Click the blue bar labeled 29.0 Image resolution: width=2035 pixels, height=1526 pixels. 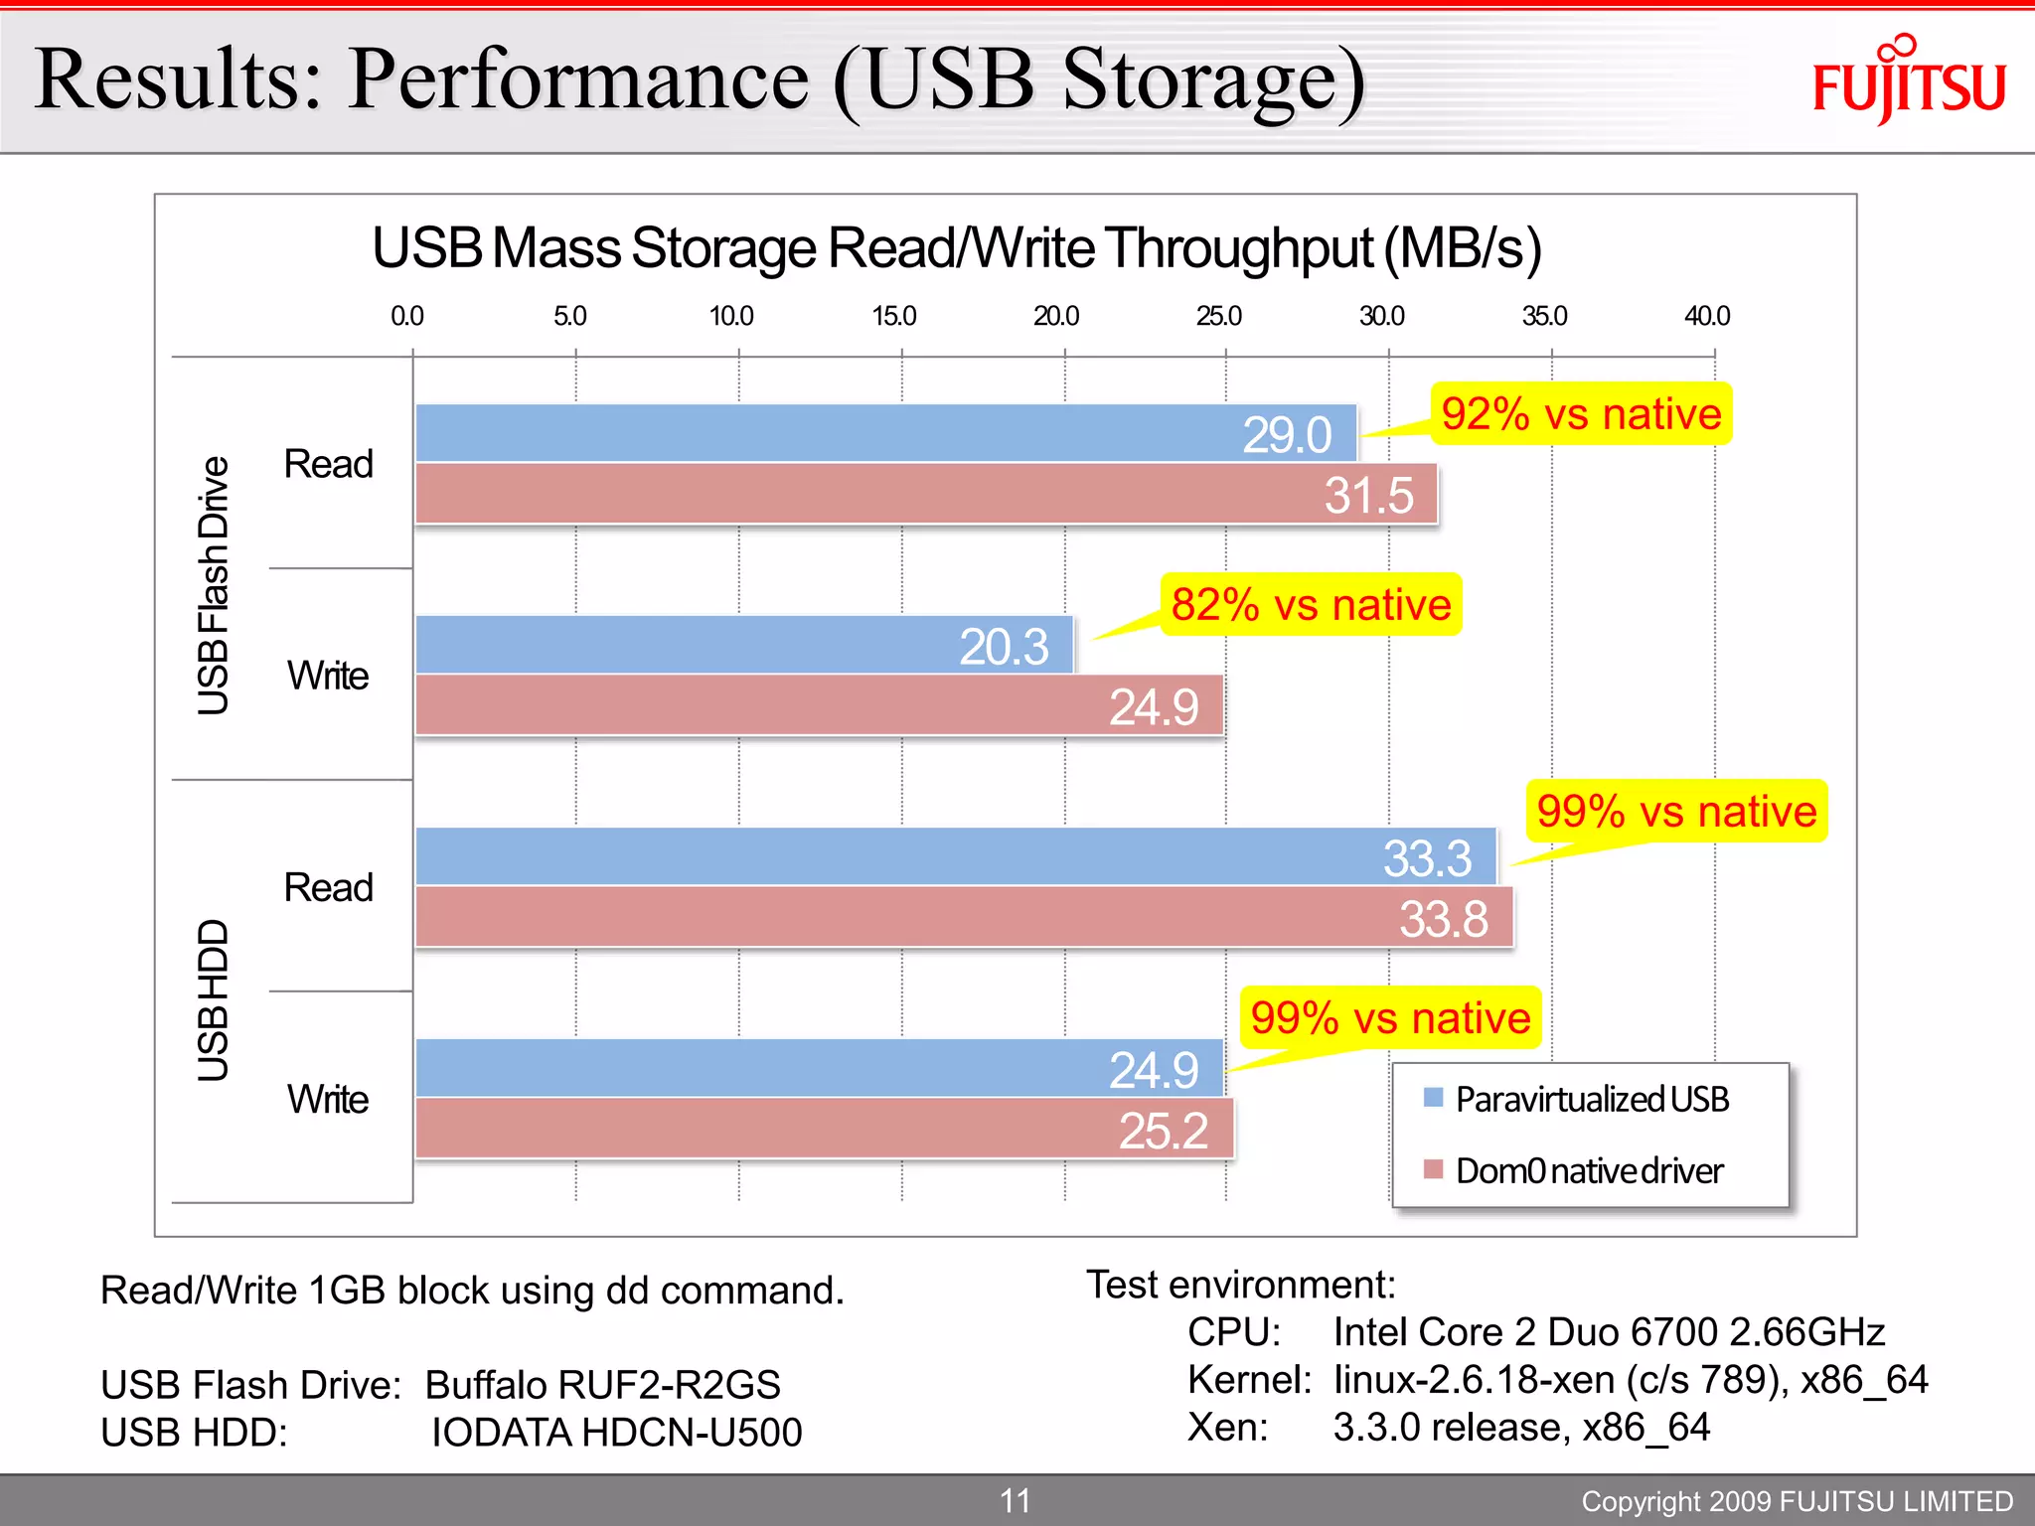(884, 433)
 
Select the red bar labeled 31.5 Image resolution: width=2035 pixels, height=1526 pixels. (924, 494)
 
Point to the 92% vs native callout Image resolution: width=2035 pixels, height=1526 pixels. (1580, 413)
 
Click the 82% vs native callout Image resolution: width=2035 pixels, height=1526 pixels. (1310, 604)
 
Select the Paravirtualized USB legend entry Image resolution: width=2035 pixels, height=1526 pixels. (1590, 1099)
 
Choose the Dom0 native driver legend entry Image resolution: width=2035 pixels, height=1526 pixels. (1588, 1170)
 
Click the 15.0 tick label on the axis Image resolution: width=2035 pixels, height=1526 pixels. (893, 316)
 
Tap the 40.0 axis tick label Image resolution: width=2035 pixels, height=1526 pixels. (1706, 316)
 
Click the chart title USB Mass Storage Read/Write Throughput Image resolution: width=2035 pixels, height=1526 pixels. (956, 247)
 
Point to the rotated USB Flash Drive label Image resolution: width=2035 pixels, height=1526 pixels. (213, 585)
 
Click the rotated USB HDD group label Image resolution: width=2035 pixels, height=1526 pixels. (213, 999)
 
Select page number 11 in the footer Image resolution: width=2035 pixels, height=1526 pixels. (1015, 1500)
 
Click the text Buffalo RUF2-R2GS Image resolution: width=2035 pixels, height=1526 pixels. (602, 1384)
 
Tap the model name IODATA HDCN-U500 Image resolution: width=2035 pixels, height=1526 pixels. (616, 1432)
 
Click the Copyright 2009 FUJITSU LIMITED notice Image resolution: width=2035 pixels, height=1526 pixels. (1797, 1501)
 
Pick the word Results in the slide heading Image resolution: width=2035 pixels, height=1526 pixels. (179, 79)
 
